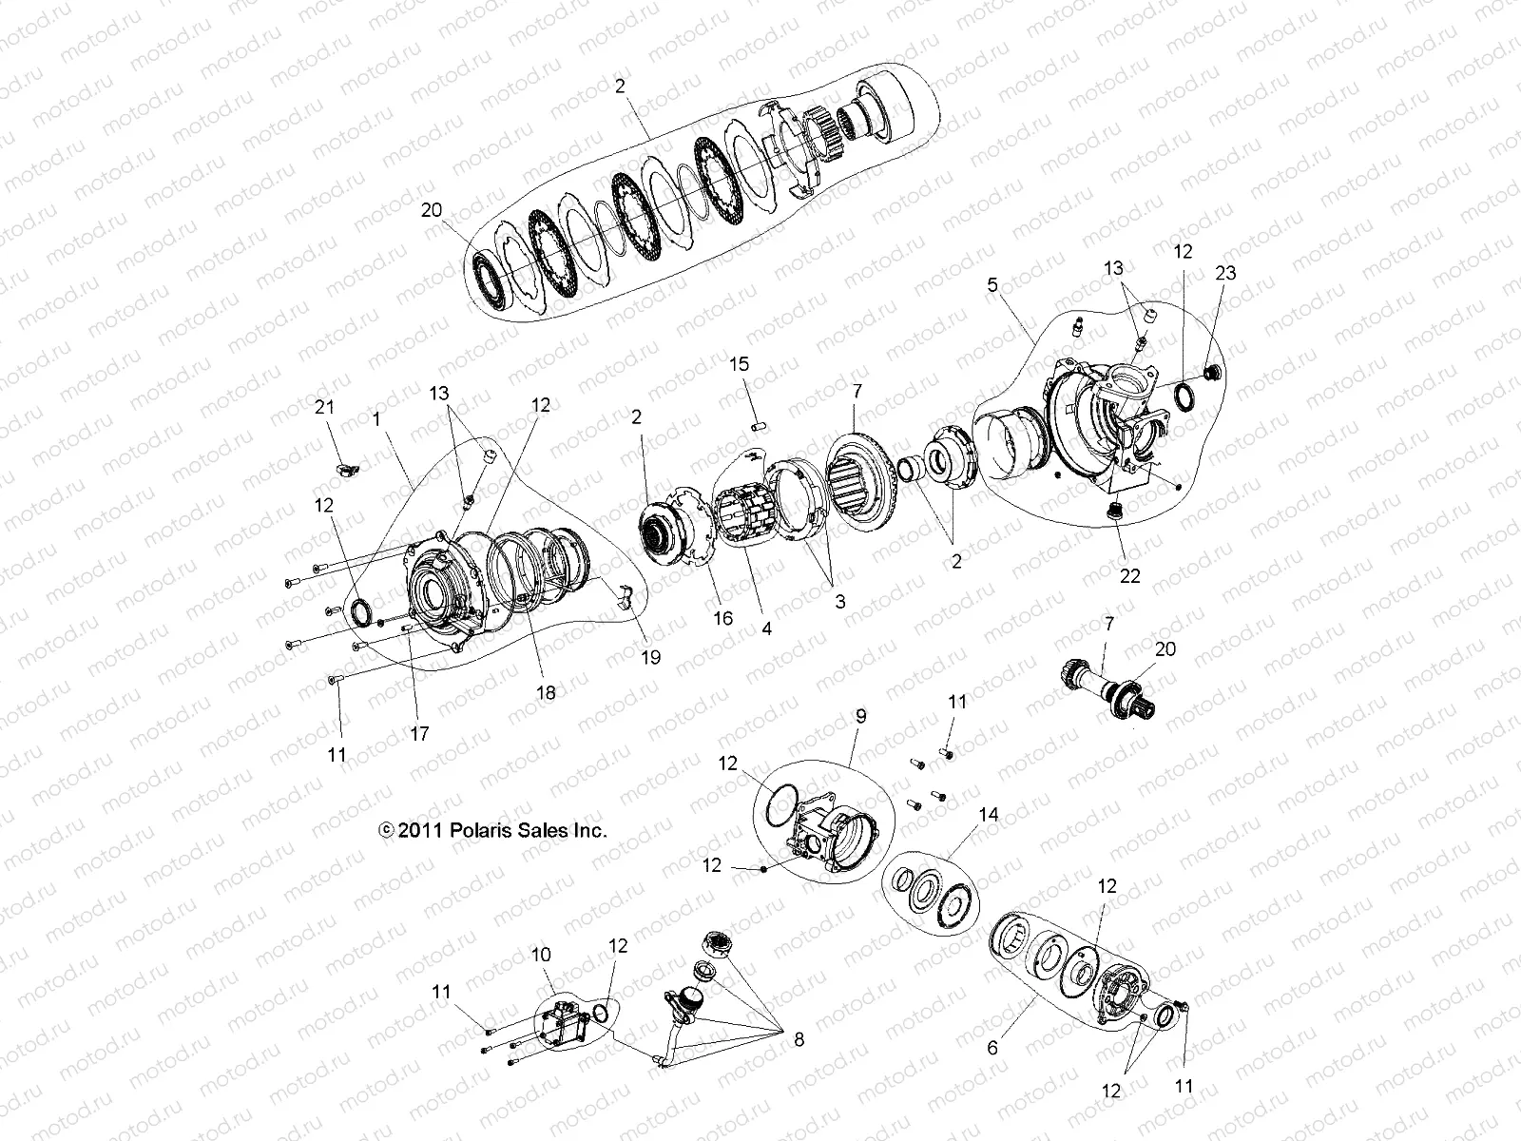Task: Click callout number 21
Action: tap(325, 407)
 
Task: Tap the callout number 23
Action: tap(1225, 273)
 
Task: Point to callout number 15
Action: tap(739, 363)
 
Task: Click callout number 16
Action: tap(723, 618)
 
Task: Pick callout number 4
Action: tap(765, 629)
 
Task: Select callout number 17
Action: tap(419, 733)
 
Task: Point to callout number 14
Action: tap(989, 815)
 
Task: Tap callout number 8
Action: tap(799, 1040)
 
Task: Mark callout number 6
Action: tap(993, 1048)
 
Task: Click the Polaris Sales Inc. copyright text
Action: tap(492, 830)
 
